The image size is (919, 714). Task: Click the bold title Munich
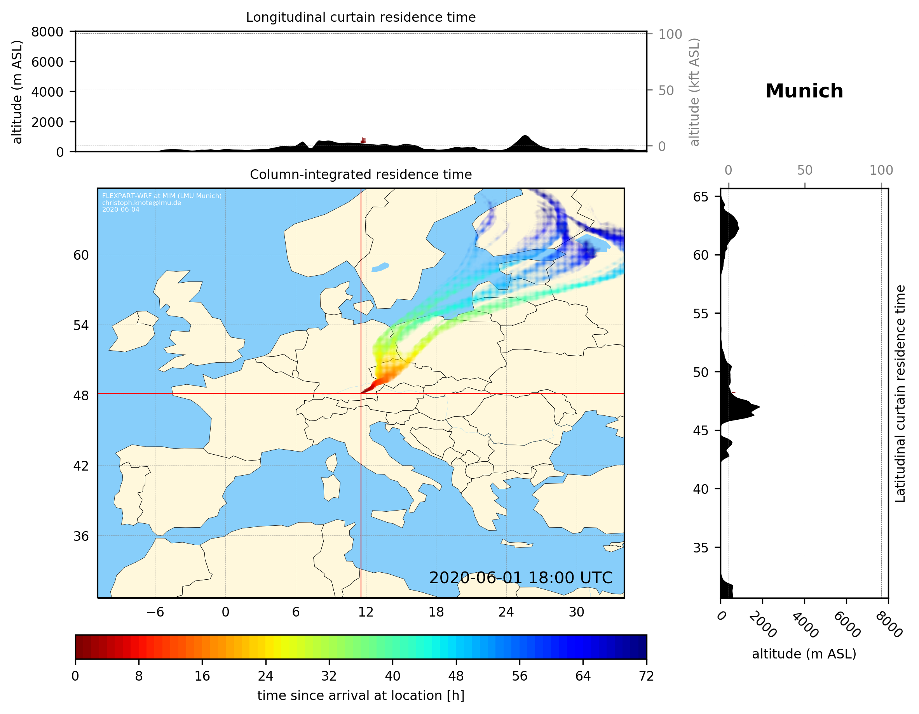click(x=804, y=91)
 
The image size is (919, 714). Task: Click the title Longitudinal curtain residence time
click(x=361, y=17)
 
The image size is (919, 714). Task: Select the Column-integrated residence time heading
click(x=361, y=174)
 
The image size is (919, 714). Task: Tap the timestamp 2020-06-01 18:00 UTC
click(x=521, y=578)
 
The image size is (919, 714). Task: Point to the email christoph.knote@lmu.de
click(x=141, y=203)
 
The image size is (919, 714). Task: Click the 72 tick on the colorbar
click(x=646, y=676)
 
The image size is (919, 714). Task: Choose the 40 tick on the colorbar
click(x=392, y=676)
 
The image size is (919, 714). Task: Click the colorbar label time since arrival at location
click(x=361, y=695)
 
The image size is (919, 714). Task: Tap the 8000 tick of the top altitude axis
click(x=47, y=32)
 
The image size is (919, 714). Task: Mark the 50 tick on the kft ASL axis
click(x=666, y=90)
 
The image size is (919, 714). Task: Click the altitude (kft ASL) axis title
click(x=694, y=92)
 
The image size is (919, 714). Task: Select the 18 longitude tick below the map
click(x=436, y=612)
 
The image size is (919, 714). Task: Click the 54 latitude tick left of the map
click(x=81, y=325)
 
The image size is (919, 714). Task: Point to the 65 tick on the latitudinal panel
click(x=701, y=197)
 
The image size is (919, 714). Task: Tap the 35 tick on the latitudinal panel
click(x=701, y=547)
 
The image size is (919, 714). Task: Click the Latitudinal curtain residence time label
click(x=900, y=393)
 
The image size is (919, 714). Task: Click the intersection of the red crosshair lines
click(x=361, y=394)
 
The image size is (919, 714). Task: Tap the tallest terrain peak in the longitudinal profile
click(x=524, y=136)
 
